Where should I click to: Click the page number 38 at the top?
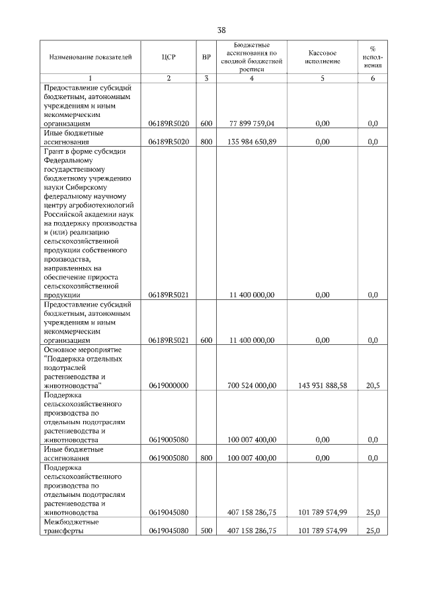coord(221,30)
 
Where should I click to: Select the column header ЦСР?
coord(169,57)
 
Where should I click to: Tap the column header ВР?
coord(206,57)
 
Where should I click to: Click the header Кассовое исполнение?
coord(323,57)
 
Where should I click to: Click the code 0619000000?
coord(169,385)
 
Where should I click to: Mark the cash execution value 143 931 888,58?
coord(323,385)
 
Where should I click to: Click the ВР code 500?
coord(206,531)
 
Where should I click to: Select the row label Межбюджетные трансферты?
coord(71,526)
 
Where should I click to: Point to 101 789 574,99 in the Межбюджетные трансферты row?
coord(323,531)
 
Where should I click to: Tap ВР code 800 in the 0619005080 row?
coord(206,458)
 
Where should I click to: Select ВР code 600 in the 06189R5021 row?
coord(206,340)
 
